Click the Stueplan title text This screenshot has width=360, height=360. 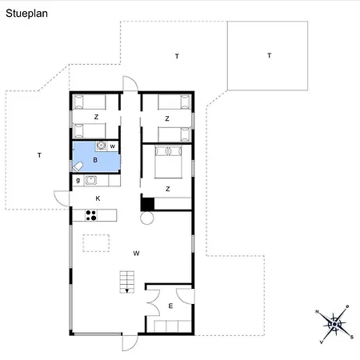point(26,14)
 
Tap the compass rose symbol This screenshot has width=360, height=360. point(334,324)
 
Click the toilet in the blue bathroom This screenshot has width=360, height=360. point(78,167)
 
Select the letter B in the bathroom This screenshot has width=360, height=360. point(95,160)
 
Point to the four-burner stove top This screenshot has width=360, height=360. point(91,215)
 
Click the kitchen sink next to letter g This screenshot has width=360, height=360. point(90,180)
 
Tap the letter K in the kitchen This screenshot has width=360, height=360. point(98,198)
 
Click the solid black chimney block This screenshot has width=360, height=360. point(148,204)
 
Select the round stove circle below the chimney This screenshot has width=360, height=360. point(147,218)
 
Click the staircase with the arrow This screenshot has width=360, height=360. point(127,282)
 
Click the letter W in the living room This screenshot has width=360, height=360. point(136,254)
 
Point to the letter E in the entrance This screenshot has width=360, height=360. point(170,306)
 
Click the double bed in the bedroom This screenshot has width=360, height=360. point(168,162)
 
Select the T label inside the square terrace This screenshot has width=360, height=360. point(270,55)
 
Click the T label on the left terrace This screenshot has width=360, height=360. point(39,155)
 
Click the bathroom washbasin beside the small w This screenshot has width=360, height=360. point(102,146)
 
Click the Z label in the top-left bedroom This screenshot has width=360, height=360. point(96,117)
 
